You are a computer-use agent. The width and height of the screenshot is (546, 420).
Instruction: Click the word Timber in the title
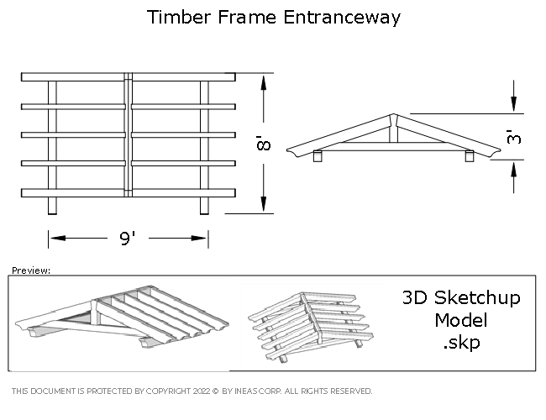177,17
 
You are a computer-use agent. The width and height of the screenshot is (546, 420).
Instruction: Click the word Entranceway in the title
342,18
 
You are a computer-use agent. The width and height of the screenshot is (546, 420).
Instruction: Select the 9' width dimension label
128,239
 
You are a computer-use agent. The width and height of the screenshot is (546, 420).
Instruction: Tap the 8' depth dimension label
264,143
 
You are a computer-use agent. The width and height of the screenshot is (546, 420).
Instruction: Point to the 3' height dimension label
514,137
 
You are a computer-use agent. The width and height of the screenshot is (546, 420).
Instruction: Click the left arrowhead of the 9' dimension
58,239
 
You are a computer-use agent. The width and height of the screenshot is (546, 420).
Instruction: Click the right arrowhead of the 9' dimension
199,239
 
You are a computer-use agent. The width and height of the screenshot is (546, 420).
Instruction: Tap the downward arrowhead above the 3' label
514,104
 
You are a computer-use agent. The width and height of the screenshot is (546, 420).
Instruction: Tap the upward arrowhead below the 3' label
514,169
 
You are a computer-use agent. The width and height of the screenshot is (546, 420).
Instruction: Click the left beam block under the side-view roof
318,156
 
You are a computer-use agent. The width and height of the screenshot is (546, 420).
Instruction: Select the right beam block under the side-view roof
470,156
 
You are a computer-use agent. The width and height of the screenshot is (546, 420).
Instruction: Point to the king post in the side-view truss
393,130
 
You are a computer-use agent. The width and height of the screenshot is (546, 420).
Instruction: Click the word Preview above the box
31,270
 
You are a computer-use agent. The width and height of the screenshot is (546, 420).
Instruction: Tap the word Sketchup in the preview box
477,298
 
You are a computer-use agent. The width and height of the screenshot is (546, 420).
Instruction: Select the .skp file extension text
462,343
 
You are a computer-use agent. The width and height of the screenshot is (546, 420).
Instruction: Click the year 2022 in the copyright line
202,391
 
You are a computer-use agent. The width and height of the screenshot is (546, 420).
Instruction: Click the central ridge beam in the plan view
129,134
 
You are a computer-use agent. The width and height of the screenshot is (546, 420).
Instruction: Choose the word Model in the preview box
460,320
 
